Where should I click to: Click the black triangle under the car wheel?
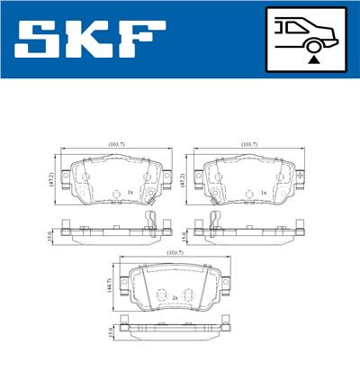click(312, 58)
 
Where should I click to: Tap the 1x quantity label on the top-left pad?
click(131, 193)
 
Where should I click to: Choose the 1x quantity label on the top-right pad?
click(263, 193)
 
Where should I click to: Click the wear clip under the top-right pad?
click(212, 223)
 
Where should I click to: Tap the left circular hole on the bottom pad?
click(161, 296)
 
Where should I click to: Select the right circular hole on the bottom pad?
click(188, 296)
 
